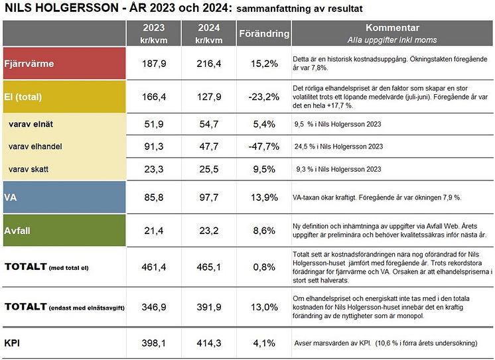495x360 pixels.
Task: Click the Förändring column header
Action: tap(263, 33)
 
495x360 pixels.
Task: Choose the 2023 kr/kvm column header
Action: tap(153, 33)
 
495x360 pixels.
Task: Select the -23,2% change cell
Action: tap(263, 97)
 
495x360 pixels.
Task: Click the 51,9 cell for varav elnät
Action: tap(153, 124)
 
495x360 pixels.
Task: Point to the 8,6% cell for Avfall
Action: tap(263, 231)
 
